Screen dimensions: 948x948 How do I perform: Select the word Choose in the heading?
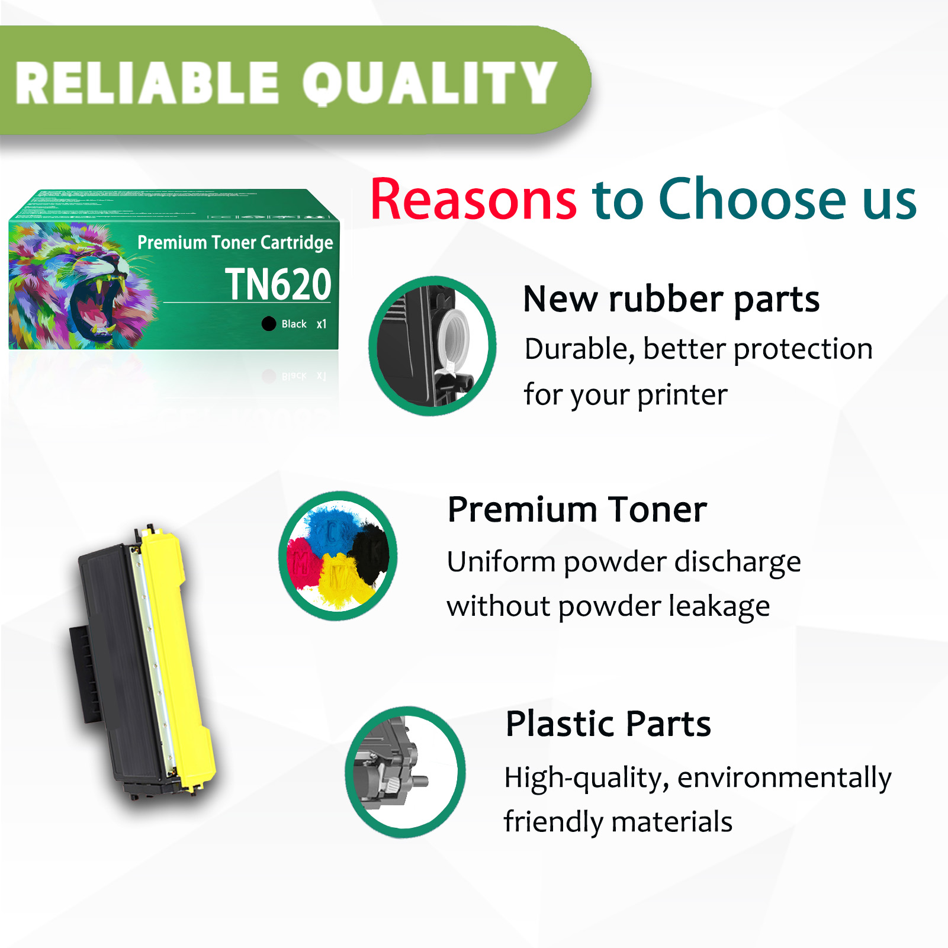pyautogui.click(x=753, y=199)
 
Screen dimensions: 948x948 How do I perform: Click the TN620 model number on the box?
pyautogui.click(x=278, y=285)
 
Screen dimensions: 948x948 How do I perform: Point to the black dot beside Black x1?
pyautogui.click(x=269, y=324)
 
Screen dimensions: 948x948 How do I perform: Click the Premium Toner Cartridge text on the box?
pyautogui.click(x=235, y=243)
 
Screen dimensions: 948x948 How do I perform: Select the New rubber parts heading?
pyautogui.click(x=671, y=300)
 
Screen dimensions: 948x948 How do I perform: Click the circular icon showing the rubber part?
pyautogui.click(x=432, y=346)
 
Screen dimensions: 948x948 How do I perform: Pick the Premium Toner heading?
pyautogui.click(x=577, y=510)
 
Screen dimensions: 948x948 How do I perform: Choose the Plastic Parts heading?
pyautogui.click(x=608, y=724)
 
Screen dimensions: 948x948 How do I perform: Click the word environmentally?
pyautogui.click(x=784, y=778)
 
